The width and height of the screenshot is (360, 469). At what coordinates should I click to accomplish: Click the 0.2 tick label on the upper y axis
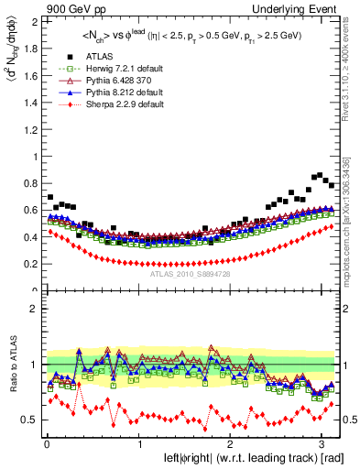coord(27,264)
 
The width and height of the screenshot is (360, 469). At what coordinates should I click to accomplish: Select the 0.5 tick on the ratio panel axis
coord(27,420)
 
